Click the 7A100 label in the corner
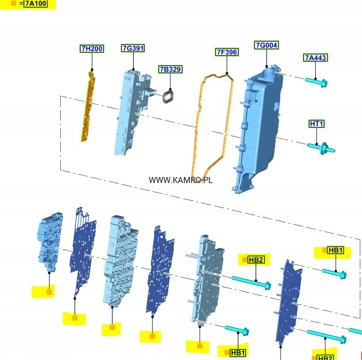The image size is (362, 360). [36, 4]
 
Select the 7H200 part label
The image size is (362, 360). [92, 49]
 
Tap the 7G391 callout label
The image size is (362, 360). [133, 48]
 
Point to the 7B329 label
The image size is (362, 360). [170, 70]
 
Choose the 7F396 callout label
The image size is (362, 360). [227, 52]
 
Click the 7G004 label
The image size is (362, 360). [266, 45]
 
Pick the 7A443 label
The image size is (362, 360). [315, 58]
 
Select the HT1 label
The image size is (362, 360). [316, 124]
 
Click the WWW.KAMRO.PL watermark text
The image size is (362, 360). [180, 180]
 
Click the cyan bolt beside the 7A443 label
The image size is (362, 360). [317, 82]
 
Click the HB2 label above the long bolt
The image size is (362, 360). [256, 259]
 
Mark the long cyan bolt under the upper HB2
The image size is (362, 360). [251, 282]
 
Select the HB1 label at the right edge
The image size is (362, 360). [336, 251]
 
